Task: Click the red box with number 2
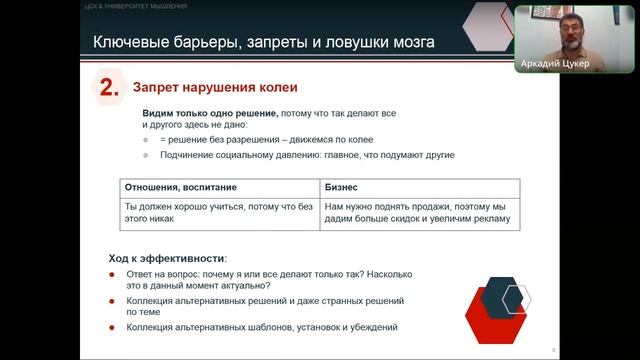(108, 89)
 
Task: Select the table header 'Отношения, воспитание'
(177, 188)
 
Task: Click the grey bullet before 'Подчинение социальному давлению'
(147, 155)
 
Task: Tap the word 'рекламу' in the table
(488, 220)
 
